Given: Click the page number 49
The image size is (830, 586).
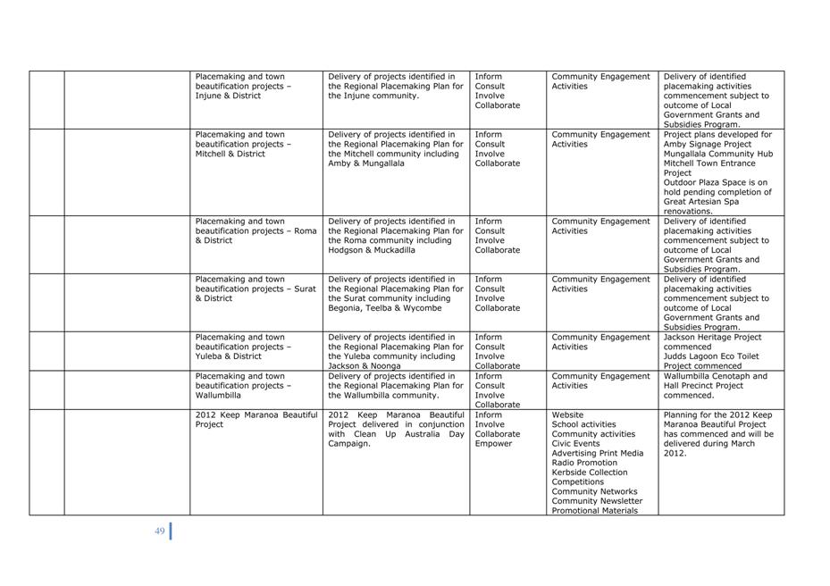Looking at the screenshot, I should point(159,532).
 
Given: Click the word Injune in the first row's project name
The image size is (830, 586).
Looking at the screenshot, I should point(209,96).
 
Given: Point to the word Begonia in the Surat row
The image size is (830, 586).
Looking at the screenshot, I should point(346,308).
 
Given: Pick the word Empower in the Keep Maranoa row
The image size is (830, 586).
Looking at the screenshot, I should point(493,444).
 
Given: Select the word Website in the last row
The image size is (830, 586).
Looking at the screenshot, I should point(567,415).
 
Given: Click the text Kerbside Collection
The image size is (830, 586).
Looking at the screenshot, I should point(590,473).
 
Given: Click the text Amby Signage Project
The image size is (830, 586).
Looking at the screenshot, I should point(708,145).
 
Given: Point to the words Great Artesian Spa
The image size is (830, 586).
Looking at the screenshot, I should point(705,202).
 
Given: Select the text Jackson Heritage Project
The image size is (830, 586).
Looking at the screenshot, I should point(712,338).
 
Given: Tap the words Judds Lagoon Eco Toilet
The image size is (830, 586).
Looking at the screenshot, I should point(715,356).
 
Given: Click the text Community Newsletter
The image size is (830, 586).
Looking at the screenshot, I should point(597,501).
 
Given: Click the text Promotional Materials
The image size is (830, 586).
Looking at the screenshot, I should point(595,511).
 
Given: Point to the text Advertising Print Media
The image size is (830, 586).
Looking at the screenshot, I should point(597,453).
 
